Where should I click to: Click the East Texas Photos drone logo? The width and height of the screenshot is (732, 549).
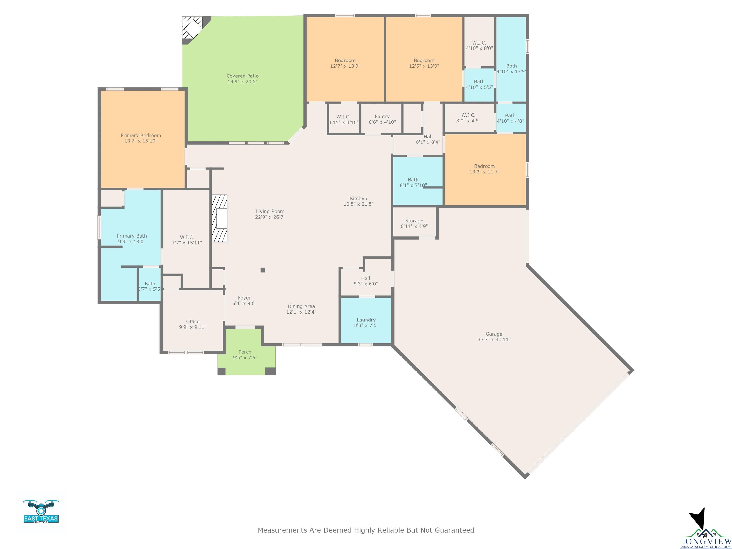coord(41,511)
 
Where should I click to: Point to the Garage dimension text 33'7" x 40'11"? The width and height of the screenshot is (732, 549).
coord(494,340)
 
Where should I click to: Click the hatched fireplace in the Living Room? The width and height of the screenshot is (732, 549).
coord(219,219)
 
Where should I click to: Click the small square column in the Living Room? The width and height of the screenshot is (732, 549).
coord(263,270)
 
